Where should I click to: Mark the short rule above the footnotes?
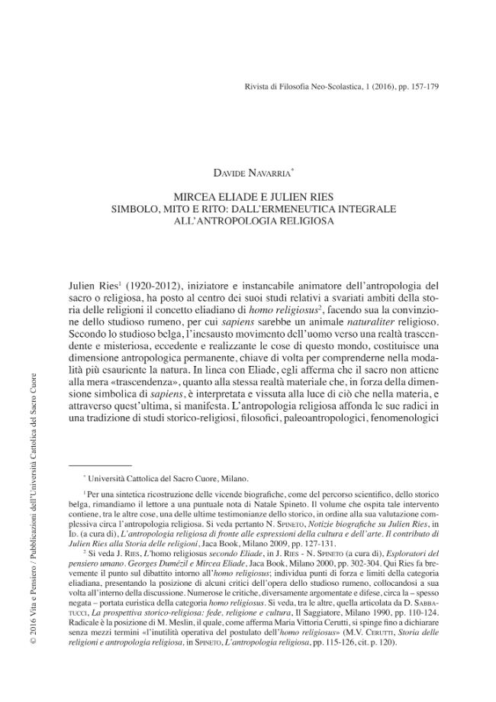[x=99, y=465]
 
